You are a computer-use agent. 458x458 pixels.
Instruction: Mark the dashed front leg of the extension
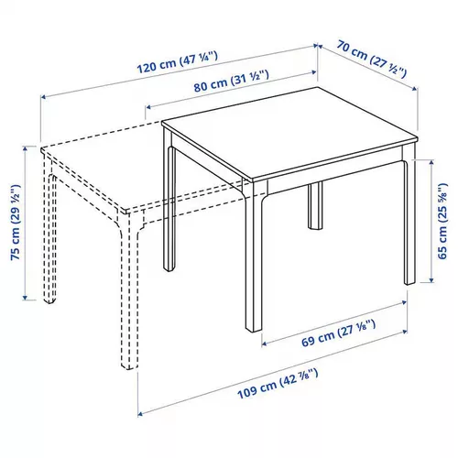(131, 293)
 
